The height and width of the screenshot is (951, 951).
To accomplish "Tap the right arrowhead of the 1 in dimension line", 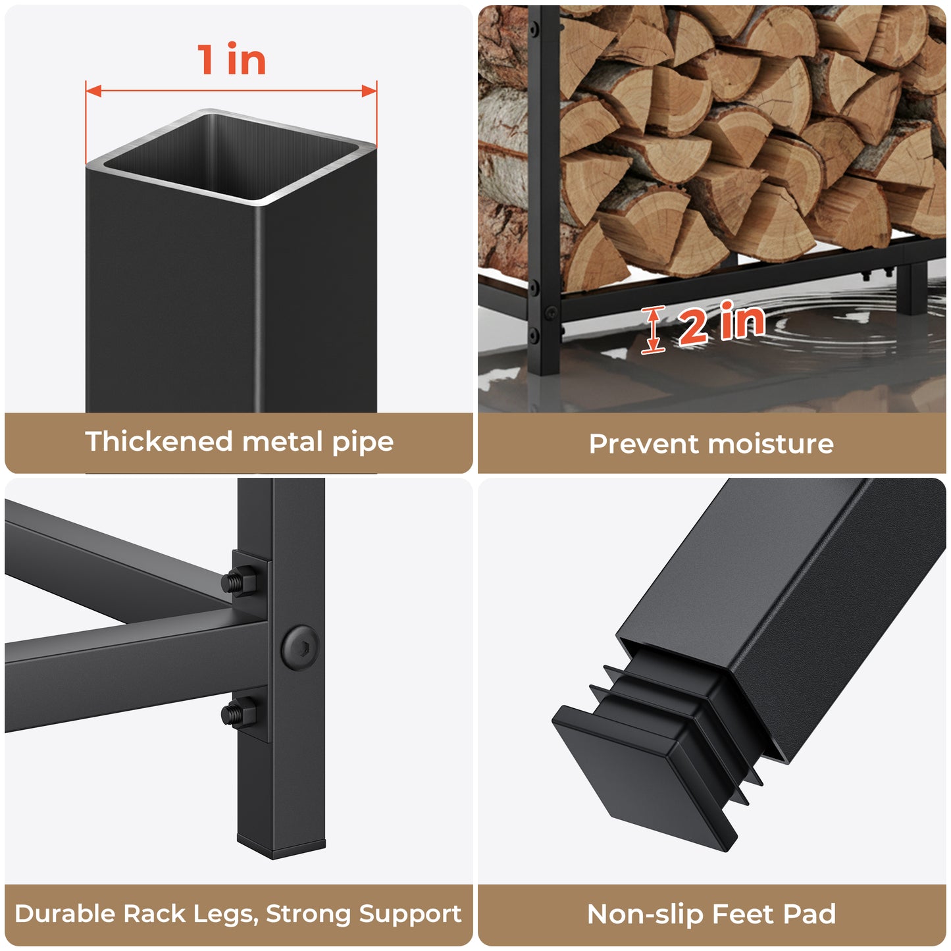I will coord(369,91).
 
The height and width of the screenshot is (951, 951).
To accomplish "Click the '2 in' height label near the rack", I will coord(722,323).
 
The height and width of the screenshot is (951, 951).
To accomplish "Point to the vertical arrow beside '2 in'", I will coord(652,330).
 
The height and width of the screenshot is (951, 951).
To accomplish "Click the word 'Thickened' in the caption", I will coord(159,442).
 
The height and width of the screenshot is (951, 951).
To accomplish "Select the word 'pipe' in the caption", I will coord(363,443).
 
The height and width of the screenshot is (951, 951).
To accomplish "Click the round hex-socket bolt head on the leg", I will coord(300,648).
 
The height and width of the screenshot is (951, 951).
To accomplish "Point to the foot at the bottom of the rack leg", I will coord(281,848).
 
